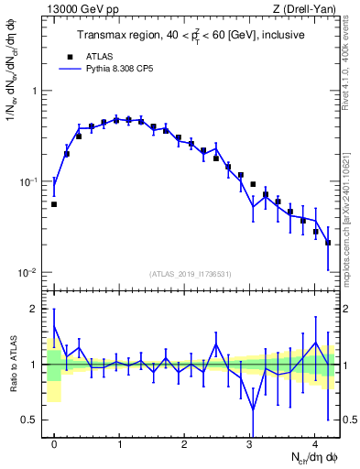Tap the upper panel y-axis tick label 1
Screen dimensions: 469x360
[36, 92]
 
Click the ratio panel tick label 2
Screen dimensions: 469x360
[36, 309]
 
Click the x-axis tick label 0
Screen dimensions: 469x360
[54, 444]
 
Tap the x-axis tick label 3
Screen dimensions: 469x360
[249, 444]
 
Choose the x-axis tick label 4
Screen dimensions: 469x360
[314, 444]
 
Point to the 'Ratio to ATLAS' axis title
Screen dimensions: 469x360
[12, 365]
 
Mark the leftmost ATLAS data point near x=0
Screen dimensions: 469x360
[54, 204]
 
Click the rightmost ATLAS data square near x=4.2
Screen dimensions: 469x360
[328, 243]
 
